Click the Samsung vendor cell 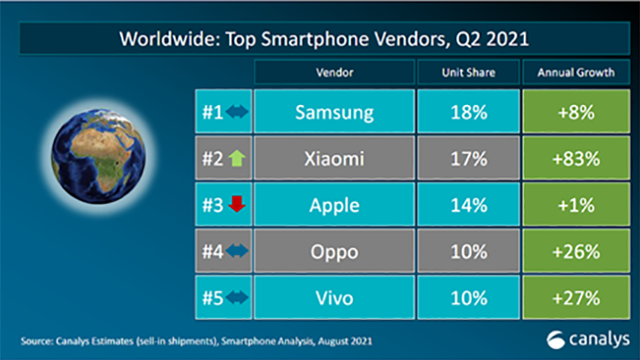coord(335,111)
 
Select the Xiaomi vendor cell coord(335,158)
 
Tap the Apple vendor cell coord(335,205)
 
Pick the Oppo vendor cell coord(335,250)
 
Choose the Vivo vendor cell coord(335,297)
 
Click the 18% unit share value coord(468,111)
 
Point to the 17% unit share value coord(468,158)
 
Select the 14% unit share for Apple coord(468,205)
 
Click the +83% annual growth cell coord(576,158)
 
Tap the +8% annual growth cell coord(576,111)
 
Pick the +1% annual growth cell coord(576,205)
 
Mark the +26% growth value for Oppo coord(576,250)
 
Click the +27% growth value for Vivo coord(576,297)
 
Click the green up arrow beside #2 coord(237,158)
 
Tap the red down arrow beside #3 coord(237,204)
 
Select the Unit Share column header coord(468,72)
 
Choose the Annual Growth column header coord(576,72)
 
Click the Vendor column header coord(335,72)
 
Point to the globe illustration coord(99,156)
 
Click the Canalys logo coord(588,340)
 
